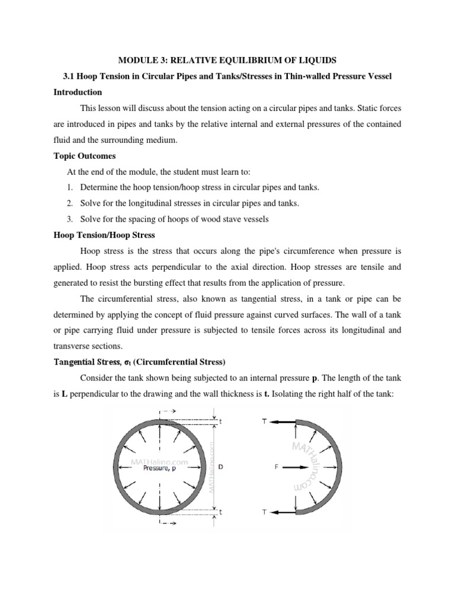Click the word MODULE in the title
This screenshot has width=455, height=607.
click(x=136, y=60)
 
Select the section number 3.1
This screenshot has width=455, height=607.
click(x=70, y=76)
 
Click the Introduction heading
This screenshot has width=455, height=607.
click(x=78, y=92)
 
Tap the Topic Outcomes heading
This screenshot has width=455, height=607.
click(x=84, y=156)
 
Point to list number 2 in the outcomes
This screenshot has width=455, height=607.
click(x=69, y=203)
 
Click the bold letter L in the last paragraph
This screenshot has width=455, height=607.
click(x=64, y=393)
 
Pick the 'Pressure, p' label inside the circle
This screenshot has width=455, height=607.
click(x=159, y=468)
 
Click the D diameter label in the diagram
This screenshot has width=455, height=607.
click(x=221, y=467)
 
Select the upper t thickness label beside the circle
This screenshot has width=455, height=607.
click(x=220, y=422)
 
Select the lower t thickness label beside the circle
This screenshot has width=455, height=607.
click(x=220, y=511)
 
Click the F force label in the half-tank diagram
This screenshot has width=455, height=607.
click(x=276, y=467)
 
